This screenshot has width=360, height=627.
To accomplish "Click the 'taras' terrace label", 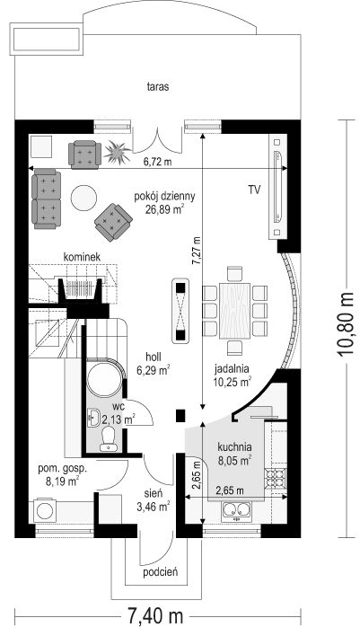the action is point(158,87).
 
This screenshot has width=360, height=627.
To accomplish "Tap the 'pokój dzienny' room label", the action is point(164,197).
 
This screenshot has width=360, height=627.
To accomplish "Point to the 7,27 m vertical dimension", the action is point(197,251).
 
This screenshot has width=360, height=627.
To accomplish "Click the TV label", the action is point(255,190).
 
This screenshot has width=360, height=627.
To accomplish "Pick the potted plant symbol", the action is point(117,153).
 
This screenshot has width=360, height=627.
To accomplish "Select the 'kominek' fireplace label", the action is point(82,257).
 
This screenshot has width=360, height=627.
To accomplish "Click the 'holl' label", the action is point(153,357).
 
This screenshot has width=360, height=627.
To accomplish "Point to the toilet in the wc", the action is point(109,438).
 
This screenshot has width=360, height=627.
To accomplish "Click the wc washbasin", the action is point(94,418).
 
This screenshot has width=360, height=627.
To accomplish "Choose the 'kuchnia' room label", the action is point(234,446).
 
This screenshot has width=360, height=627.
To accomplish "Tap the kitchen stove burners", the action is point(276,478).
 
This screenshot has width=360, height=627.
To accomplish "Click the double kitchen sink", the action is point(236,510).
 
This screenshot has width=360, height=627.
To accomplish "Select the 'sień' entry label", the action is point(153,495).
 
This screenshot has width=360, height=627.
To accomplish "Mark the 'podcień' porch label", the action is point(161,572).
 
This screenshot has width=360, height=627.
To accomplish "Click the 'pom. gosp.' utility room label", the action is point(62,469).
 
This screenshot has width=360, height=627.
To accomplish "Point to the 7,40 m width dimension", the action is point(155,615).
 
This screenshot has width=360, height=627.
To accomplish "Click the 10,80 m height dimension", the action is point(345,324).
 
